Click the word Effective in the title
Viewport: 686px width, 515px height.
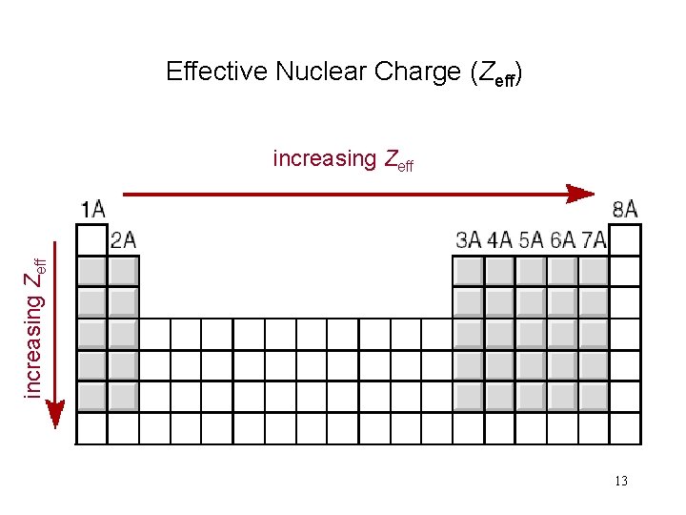pos(217,72)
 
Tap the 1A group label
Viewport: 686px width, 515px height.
pos(91,209)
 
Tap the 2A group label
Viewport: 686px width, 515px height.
pos(123,239)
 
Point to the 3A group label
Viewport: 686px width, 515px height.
pos(468,239)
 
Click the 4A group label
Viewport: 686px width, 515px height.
pos(499,239)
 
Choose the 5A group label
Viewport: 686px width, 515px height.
pos(531,239)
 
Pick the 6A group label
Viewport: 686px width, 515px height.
pos(562,239)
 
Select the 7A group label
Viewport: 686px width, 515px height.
pos(593,239)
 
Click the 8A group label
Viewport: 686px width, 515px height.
pos(625,209)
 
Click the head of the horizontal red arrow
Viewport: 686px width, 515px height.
pos(583,194)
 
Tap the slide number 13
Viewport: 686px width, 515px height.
pos(621,481)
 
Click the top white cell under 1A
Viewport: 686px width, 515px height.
pos(91,239)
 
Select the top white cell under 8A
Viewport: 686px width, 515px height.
pos(625,239)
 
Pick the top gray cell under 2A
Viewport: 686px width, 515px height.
pos(123,272)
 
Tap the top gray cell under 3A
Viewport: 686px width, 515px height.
pos(468,272)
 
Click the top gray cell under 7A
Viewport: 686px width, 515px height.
pos(593,272)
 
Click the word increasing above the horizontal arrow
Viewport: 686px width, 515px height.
pos(324,158)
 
